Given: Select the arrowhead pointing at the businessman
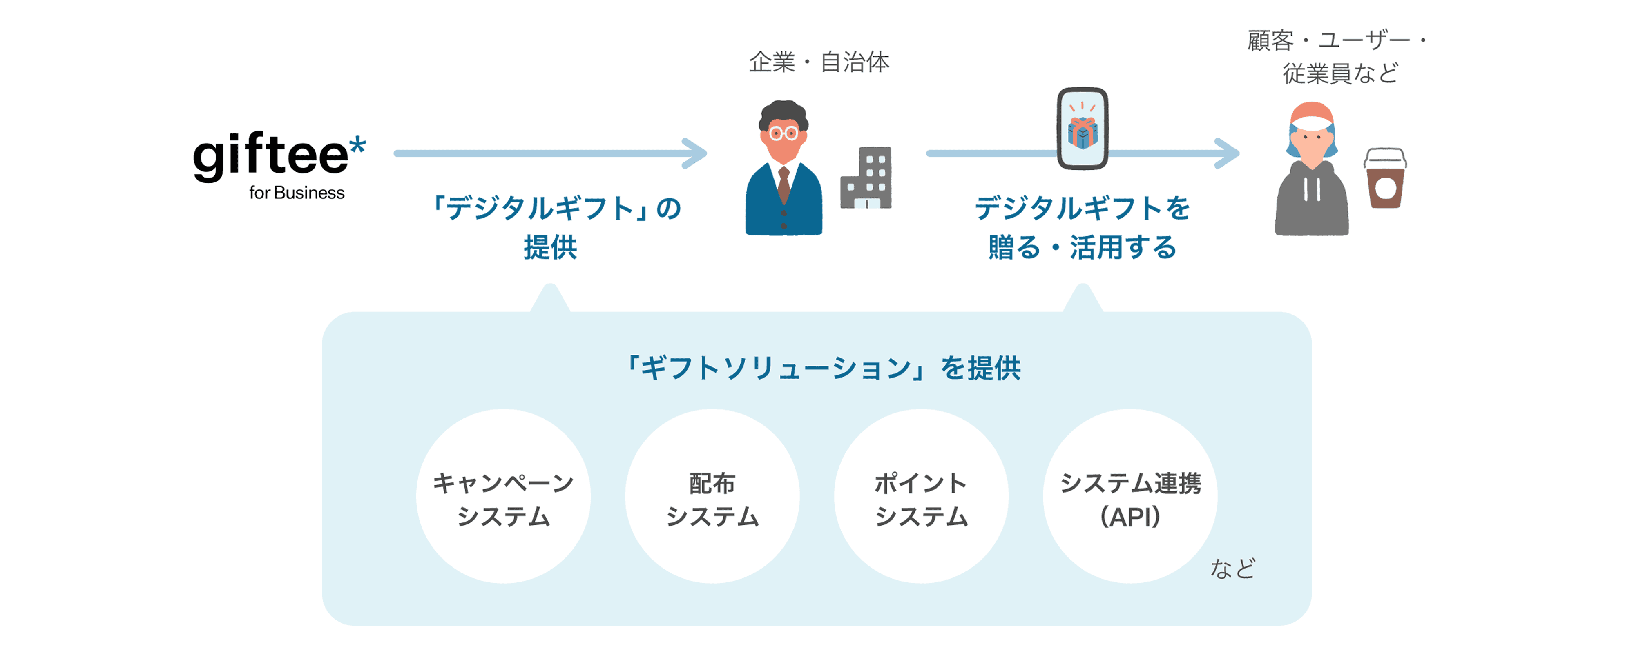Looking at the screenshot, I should [x=696, y=153].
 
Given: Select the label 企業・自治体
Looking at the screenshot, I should [x=819, y=62].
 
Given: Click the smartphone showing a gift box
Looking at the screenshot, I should [x=1082, y=129].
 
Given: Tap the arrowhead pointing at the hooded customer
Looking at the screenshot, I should [x=1229, y=153].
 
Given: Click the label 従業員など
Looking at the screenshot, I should [x=1340, y=73].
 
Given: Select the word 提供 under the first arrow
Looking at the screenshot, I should [x=550, y=247].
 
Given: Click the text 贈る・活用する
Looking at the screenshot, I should [x=1082, y=247].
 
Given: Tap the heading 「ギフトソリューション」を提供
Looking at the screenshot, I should [x=824, y=368].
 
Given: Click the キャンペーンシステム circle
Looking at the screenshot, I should [x=503, y=496].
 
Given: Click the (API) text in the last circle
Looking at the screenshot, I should [x=1130, y=517].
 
